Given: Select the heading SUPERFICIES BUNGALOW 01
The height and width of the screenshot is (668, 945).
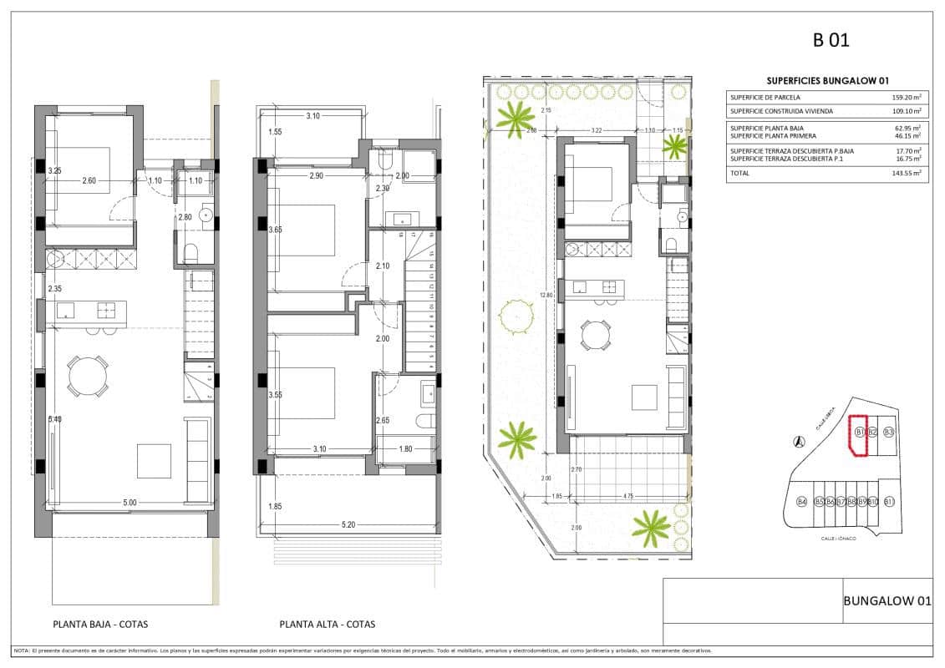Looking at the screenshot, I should point(827,80).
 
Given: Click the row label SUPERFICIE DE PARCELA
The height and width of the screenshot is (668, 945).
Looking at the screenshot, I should point(765,97).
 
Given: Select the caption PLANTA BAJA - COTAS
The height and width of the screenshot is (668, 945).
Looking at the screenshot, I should point(100,624).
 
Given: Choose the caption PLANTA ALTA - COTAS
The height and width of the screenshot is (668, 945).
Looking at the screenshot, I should point(328,624).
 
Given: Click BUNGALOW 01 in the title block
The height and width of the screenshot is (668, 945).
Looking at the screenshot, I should point(887,600).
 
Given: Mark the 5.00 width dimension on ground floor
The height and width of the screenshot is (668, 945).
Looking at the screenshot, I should point(129,503).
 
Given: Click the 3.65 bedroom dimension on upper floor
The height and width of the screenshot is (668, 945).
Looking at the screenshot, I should point(275,229).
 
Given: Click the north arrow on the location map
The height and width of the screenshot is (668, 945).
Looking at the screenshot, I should point(800,441).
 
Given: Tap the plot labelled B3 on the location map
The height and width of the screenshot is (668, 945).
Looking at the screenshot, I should point(889,432).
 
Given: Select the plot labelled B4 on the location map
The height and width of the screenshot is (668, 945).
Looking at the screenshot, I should point(801,502).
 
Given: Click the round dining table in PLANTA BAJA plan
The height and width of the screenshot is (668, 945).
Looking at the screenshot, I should point(88,376).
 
